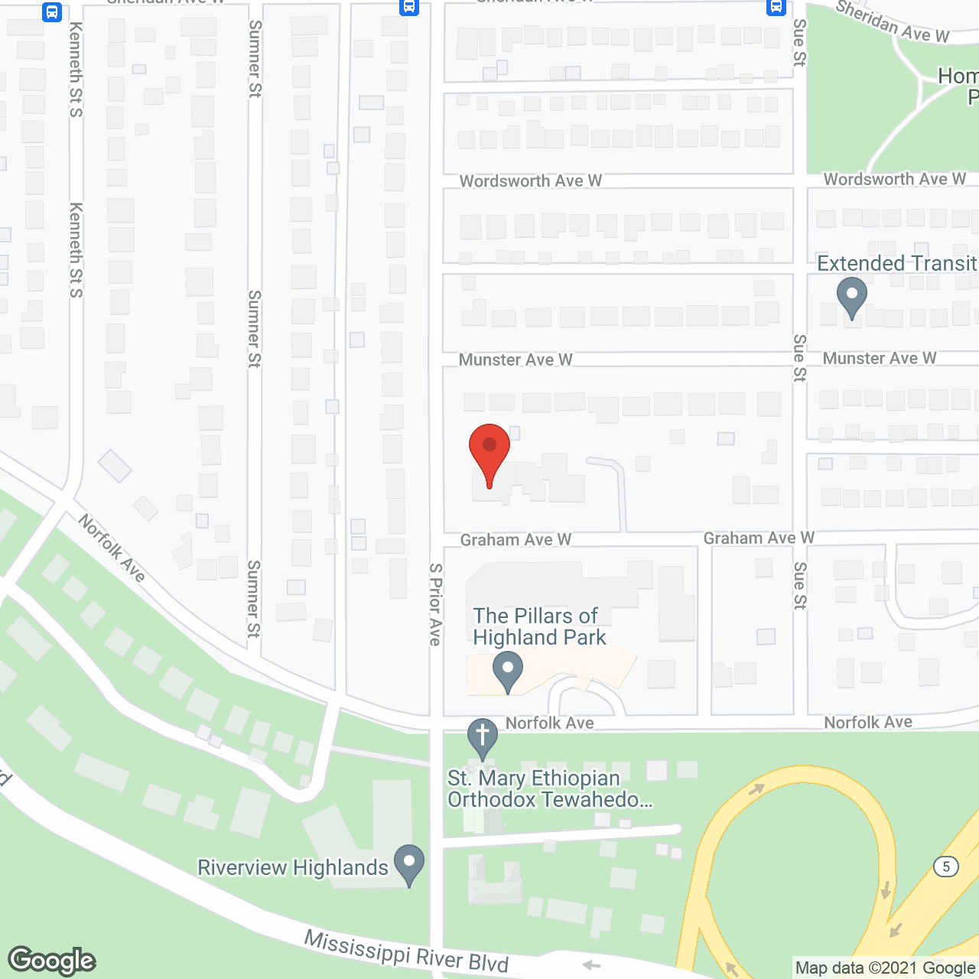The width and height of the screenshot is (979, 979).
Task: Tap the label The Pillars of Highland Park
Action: click(x=538, y=626)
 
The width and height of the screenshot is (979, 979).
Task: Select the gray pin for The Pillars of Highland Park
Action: click(x=507, y=671)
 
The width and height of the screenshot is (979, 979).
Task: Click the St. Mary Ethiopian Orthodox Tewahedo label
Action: click(x=549, y=789)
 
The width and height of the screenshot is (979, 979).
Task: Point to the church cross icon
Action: click(x=483, y=737)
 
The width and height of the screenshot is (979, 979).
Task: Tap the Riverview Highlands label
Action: click(x=293, y=867)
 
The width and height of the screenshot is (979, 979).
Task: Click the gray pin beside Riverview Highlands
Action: click(x=409, y=864)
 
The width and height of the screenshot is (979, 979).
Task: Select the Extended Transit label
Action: click(x=896, y=263)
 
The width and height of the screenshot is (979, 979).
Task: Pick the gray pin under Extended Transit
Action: click(x=851, y=297)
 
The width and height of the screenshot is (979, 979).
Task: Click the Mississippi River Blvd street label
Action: click(x=406, y=951)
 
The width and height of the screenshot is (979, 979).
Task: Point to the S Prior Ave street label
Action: click(x=435, y=604)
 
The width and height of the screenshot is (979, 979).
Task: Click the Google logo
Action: click(x=52, y=961)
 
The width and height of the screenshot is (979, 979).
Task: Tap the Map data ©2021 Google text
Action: click(x=886, y=968)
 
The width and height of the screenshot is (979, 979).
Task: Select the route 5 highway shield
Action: click(x=946, y=867)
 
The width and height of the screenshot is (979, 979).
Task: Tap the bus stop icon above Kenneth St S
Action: click(x=52, y=11)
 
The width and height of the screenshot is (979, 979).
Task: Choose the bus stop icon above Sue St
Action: click(x=776, y=8)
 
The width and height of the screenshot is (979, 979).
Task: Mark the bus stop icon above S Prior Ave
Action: click(x=409, y=8)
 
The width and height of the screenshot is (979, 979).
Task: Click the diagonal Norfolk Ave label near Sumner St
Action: click(x=112, y=548)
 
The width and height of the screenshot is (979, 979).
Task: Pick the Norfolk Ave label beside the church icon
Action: click(x=549, y=723)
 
